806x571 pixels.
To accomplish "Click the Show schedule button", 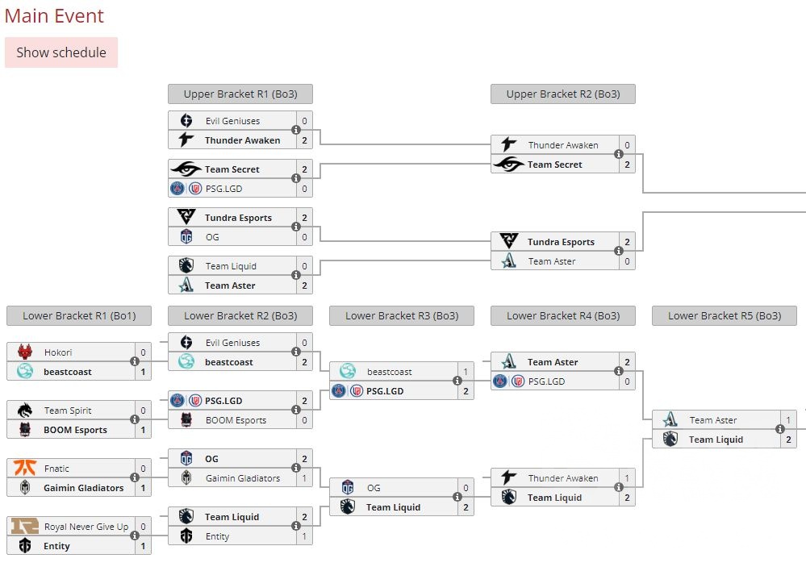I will click(61, 52).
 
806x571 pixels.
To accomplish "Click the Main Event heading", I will click(54, 15).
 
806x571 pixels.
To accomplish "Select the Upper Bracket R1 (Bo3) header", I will click(240, 94).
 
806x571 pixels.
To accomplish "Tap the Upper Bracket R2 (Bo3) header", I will click(562, 94).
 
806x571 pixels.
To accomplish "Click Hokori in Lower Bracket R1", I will click(58, 352).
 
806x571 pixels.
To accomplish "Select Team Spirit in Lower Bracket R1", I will click(68, 411).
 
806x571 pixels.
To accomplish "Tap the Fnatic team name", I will click(56, 469).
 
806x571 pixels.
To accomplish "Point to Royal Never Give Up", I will click(86, 527).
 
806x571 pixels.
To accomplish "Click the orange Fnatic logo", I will click(25, 468).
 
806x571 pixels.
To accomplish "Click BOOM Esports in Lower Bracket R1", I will click(75, 430).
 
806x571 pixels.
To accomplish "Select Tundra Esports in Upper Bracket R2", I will click(561, 242).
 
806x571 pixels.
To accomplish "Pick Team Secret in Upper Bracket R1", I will click(232, 169).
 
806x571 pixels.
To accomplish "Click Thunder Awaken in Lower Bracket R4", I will click(563, 478).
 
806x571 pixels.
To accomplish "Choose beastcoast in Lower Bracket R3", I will click(389, 372).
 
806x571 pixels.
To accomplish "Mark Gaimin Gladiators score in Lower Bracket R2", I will click(304, 478).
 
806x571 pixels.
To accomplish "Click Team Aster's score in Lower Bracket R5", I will click(788, 420).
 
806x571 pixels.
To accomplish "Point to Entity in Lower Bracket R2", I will click(217, 536).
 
